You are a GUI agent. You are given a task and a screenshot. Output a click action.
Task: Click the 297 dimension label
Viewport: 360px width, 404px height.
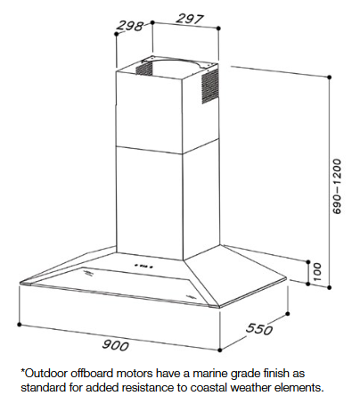click(x=190, y=19)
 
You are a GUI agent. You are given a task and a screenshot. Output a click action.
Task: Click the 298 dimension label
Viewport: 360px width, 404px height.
click(x=130, y=26)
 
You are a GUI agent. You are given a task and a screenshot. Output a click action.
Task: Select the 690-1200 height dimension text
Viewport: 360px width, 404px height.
click(x=337, y=186)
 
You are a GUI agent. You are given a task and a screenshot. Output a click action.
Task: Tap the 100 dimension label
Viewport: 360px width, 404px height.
click(x=317, y=272)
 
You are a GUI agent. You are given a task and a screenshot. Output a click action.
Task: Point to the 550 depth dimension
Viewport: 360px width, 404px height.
click(x=259, y=329)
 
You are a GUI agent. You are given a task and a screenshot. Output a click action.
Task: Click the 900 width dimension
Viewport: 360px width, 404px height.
click(x=116, y=345)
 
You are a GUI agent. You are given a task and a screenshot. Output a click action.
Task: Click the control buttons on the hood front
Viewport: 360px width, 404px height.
click(x=143, y=266)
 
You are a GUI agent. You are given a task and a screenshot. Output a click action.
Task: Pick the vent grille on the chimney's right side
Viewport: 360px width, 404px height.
click(x=210, y=87)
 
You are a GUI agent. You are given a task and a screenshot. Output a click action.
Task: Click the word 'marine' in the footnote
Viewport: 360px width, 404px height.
click(x=210, y=373)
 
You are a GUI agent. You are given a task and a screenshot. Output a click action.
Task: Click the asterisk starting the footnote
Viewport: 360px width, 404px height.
click(x=22, y=371)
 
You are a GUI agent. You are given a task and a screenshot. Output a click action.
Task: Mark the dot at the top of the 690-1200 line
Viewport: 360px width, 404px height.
click(x=329, y=78)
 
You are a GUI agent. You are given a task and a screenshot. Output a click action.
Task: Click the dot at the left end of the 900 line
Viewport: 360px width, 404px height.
click(x=20, y=325)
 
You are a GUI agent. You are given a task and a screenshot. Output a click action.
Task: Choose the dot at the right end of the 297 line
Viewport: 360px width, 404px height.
click(x=218, y=29)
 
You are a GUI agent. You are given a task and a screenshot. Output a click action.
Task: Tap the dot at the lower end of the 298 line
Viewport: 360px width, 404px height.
click(x=117, y=35)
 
